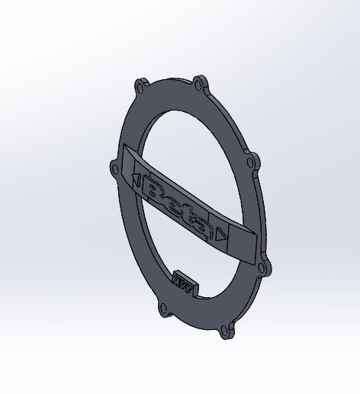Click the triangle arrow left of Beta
135,181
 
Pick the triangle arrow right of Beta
220,235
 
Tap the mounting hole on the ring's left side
115,168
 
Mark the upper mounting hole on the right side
251,162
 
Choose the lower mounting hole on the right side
264,267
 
